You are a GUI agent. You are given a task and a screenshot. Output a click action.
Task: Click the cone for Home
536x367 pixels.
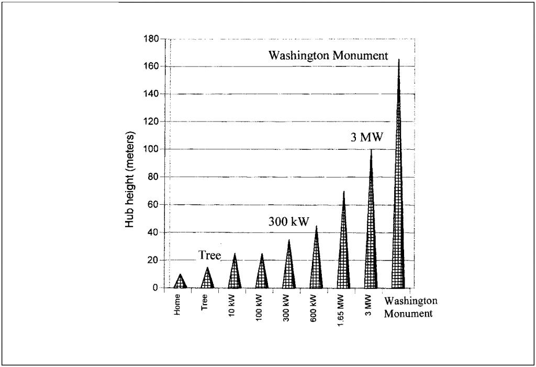[x=181, y=282]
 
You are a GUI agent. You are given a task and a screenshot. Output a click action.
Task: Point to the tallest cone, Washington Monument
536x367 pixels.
[x=398, y=209]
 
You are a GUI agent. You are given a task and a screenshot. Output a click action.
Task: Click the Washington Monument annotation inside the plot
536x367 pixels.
[x=328, y=56]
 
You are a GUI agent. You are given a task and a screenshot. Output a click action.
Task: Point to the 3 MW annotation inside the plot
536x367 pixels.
[x=367, y=138]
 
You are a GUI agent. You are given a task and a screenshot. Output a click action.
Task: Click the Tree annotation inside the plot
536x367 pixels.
[x=209, y=255]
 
